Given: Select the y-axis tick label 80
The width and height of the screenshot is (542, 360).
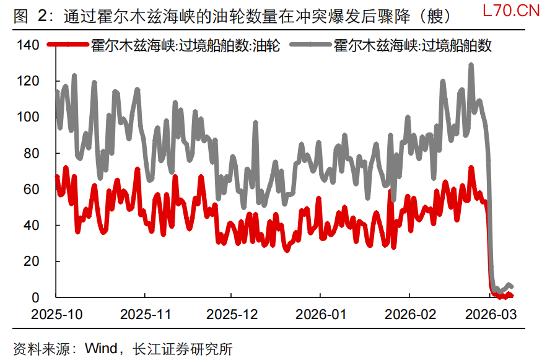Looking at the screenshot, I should (33, 153).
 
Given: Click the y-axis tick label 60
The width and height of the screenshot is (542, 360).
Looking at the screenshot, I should (33, 189).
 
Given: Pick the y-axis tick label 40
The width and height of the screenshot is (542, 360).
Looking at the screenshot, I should (33, 226).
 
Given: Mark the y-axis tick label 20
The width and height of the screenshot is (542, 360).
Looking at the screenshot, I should (33, 261).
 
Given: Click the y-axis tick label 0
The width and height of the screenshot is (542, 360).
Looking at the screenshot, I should (37, 297).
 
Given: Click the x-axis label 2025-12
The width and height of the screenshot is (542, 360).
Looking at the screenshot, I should (230, 314).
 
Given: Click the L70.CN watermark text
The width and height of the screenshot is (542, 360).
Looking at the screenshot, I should (509, 11).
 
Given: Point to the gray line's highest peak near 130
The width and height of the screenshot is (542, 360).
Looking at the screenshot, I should (471, 64).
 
